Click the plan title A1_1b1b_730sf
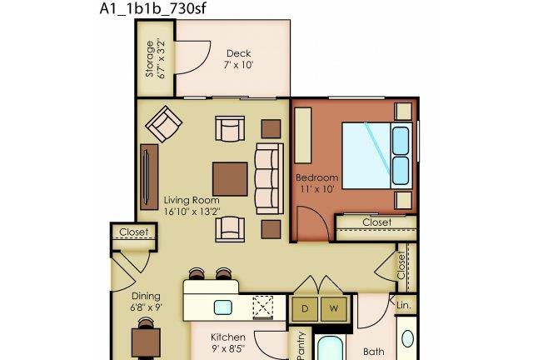tap(152, 8)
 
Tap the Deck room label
tap(239, 53)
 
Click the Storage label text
tap(150, 59)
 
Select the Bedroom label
tap(316, 177)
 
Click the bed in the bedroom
tap(376, 156)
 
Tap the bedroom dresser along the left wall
tap(303, 136)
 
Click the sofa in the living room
tap(269, 178)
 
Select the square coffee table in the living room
tap(230, 179)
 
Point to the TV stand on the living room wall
tap(149, 177)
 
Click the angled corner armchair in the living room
tap(164, 124)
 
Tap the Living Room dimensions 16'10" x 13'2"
tap(192, 212)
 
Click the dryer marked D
tap(305, 309)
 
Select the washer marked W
tap(334, 309)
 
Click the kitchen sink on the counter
tap(223, 307)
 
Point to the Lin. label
tap(404, 305)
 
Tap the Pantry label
tap(301, 345)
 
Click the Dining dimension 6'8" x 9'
tap(147, 307)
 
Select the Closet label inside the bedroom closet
tap(377, 222)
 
